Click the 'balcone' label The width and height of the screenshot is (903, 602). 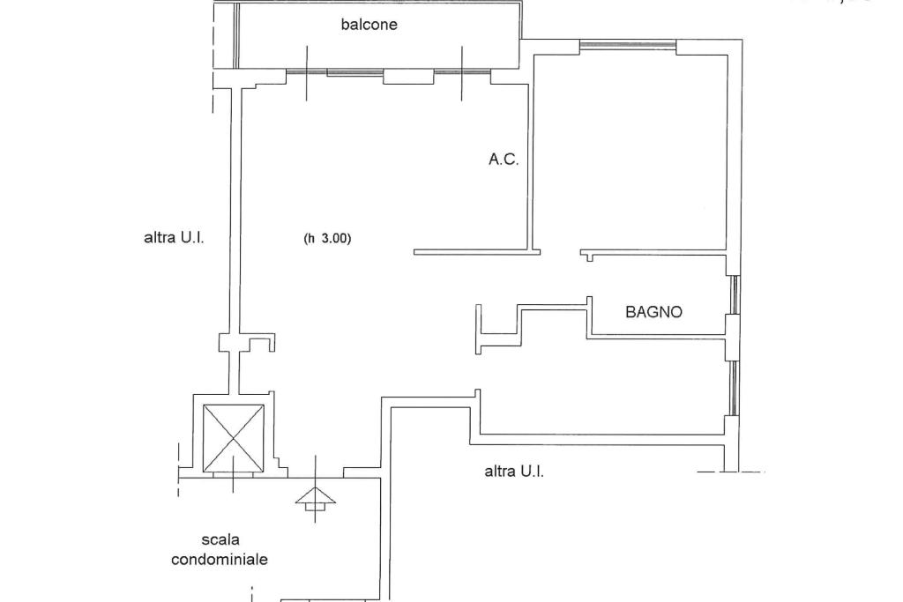[x=369, y=25]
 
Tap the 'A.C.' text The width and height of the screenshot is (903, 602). [x=504, y=160]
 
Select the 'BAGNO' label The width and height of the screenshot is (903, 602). [x=653, y=311]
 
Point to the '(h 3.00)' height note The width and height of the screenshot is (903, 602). [x=327, y=237]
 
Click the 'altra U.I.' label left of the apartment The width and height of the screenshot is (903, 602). [x=174, y=237]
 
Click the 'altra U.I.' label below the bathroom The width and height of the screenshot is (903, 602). [x=514, y=471]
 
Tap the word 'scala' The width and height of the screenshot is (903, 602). [x=220, y=539]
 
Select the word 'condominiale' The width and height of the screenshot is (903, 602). [x=220, y=559]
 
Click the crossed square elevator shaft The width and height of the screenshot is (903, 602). [x=234, y=437]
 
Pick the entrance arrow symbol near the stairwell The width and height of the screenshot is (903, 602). [x=315, y=500]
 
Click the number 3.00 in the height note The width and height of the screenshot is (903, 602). [x=335, y=237]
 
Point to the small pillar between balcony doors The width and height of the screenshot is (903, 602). [x=408, y=78]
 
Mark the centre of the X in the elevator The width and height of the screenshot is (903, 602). [x=234, y=437]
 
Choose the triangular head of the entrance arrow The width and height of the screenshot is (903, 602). [x=315, y=495]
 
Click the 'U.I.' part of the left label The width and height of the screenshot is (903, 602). [x=192, y=237]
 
